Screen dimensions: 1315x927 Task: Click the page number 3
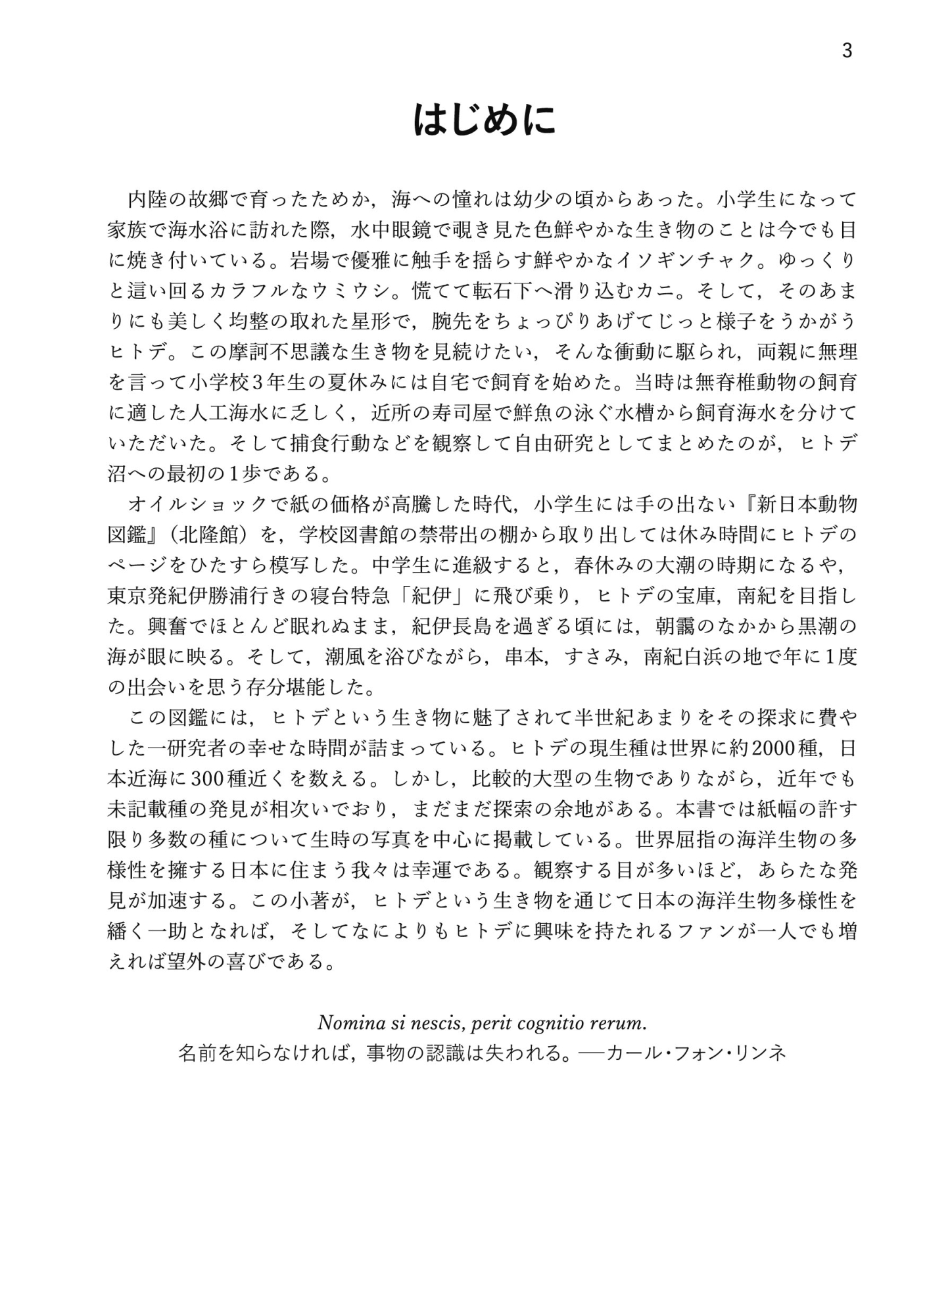click(x=847, y=51)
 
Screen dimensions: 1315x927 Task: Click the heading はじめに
click(x=485, y=120)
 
